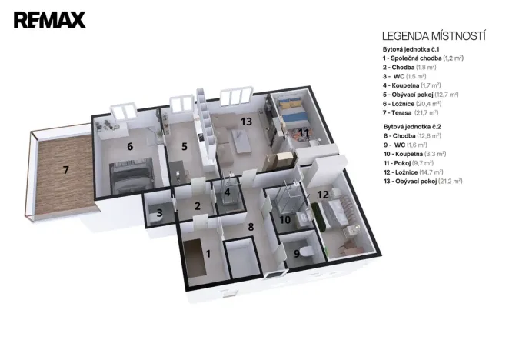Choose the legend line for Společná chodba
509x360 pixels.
pyautogui.click(x=422, y=58)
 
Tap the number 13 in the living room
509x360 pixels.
pyautogui.click(x=245, y=122)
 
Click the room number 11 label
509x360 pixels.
pyautogui.click(x=304, y=132)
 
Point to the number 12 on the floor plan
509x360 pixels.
pyautogui.click(x=323, y=194)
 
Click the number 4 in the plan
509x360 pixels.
pyautogui.click(x=227, y=192)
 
